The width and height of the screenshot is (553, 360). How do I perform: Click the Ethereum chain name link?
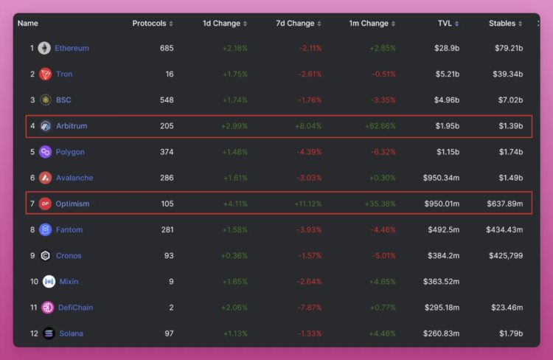coord(72,49)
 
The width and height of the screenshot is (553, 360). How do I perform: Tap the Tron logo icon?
coord(45,75)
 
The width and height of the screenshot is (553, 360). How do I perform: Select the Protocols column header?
coord(149,24)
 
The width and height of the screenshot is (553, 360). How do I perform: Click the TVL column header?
coord(445,24)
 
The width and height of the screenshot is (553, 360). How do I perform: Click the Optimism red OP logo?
coord(45,204)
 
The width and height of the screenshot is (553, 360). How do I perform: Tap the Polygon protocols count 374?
coord(167,152)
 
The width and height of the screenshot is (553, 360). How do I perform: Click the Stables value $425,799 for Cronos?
coord(506,256)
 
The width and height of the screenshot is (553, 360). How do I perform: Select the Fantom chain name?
coord(69,230)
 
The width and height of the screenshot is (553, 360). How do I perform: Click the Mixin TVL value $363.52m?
coord(441,282)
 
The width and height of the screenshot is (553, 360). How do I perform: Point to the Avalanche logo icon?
coord(45,178)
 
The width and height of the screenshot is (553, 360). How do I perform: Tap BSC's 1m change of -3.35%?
coord(382,100)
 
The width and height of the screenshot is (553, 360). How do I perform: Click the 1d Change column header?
coord(221,24)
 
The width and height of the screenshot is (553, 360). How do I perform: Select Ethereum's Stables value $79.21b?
coord(509,49)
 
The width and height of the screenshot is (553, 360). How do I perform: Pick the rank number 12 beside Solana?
coord(34,333)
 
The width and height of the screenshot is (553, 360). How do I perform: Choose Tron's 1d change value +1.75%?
coord(234,75)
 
